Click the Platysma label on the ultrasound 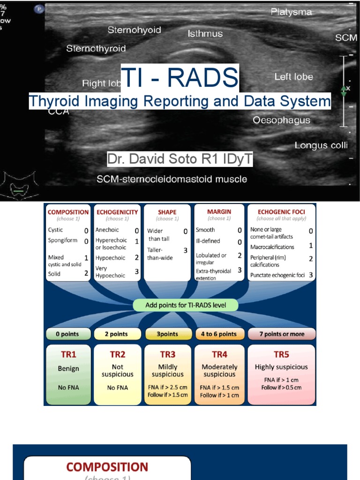point(291,12)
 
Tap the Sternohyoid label point(134,30)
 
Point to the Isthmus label point(205,34)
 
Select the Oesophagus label point(281,120)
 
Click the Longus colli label point(321,145)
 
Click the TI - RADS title point(180,79)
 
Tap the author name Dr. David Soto point(180,159)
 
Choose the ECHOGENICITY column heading point(117,212)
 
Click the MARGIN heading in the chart point(219,212)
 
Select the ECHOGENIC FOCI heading point(281,212)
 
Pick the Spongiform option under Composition point(62,240)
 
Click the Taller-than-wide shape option point(160,254)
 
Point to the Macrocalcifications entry point(272,247)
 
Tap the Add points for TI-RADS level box point(186,305)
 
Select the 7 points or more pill point(282,334)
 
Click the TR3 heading point(167,354)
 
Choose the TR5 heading point(281,354)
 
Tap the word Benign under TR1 point(68,368)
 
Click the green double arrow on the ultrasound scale point(344,91)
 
